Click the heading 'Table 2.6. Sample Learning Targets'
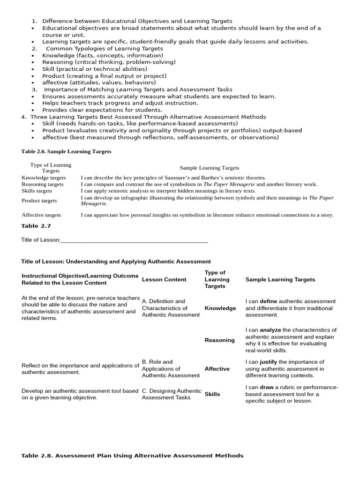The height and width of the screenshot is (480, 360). coord(66,151)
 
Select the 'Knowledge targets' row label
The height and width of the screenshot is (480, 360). coord(44,178)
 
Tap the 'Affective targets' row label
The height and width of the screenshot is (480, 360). coord(41,215)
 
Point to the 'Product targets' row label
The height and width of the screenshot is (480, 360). coord(39,201)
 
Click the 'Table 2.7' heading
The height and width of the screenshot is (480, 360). coord(36,226)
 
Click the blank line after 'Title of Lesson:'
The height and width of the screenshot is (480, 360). coord(134,240)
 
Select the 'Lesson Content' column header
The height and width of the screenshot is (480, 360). coord(164,279)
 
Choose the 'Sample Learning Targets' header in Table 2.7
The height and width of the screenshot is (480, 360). coord(280,279)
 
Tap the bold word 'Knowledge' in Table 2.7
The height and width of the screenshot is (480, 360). coord(220,308)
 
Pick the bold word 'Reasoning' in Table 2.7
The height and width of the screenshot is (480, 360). coord(219,340)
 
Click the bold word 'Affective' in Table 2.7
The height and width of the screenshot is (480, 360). coord(217,368)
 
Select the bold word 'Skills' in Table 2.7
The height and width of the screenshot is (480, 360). coord(212,394)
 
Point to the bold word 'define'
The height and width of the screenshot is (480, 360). coord(269,301)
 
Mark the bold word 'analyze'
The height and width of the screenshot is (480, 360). coord(270,330)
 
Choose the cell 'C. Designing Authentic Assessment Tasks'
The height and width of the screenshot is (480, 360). coord(171,394)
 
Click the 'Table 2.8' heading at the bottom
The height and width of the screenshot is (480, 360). coord(132,456)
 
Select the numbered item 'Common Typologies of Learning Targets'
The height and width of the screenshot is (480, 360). coord(104,48)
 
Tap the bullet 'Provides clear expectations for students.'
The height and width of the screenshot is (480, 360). coord(102,110)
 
